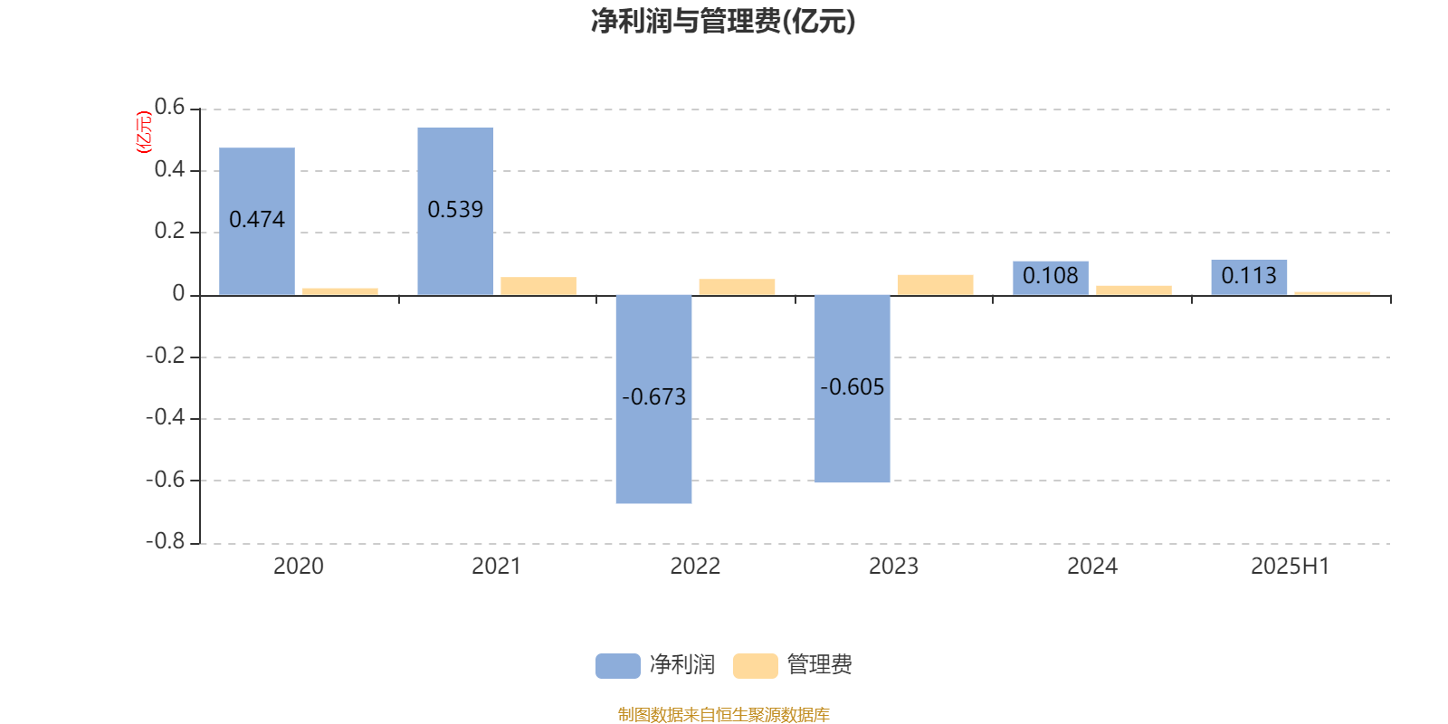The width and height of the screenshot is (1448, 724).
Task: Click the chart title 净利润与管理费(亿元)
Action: coord(723,22)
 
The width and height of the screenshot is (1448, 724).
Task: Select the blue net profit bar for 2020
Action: coord(257,221)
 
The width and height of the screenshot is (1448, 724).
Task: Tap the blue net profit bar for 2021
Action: coord(455,212)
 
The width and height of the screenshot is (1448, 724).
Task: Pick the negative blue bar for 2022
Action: coord(653,399)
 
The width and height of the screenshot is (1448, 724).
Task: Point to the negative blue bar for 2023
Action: coord(852,388)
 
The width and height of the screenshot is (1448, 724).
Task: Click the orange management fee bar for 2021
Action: coord(538,286)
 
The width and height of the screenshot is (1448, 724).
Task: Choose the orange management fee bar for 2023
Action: coord(936,285)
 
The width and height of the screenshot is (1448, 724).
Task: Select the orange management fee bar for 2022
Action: coord(737,287)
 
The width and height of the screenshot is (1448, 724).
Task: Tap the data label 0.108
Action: coord(1051,276)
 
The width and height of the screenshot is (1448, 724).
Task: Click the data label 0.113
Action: coord(1249,276)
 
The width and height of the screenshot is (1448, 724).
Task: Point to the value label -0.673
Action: coord(653,397)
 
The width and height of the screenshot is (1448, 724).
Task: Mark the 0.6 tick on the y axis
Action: coord(169,107)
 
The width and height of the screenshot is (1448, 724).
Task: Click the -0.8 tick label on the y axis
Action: coord(166,541)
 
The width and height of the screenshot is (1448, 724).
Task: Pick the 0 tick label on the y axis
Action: coord(178,293)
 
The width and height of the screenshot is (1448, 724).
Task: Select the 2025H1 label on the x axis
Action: coord(1291,567)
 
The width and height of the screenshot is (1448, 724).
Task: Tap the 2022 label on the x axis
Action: coord(695,567)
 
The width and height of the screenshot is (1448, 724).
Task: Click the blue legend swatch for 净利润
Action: coord(618,666)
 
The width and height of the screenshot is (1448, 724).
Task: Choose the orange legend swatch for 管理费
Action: coord(755,666)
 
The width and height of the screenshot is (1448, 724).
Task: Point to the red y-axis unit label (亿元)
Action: coord(144,132)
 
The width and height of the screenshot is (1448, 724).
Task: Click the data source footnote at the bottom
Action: coord(723,714)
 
